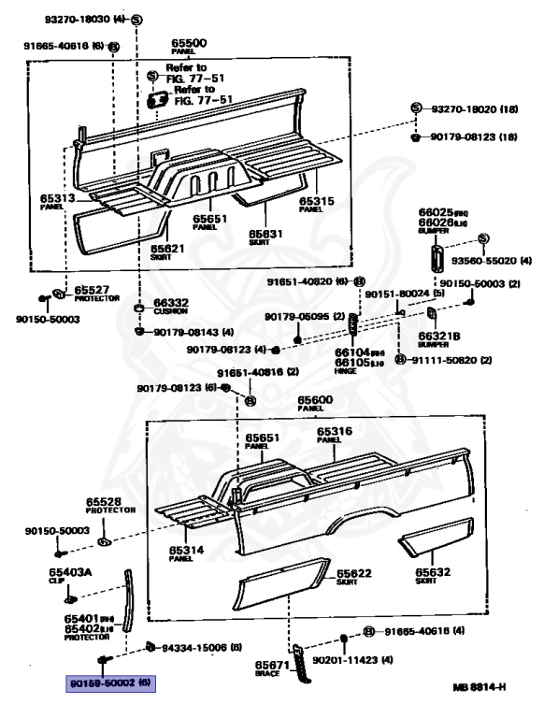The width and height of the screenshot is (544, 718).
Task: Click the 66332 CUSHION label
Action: [x=171, y=307]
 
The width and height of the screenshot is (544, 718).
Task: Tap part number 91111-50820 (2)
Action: [x=448, y=359]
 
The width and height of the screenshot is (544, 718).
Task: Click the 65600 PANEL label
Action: [x=316, y=402]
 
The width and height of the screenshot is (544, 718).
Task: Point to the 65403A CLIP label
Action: [x=79, y=574]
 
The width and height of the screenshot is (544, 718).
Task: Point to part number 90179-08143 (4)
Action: [x=194, y=332]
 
